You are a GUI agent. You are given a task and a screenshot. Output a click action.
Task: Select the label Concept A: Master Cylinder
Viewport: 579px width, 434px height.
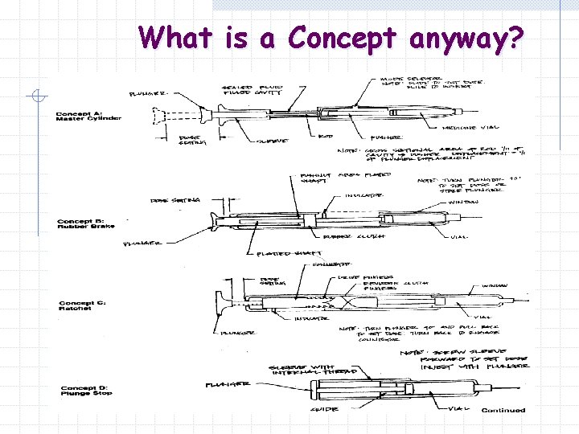pyautogui.click(x=88, y=116)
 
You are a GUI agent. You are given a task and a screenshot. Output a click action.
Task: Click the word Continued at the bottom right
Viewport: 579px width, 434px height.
pyautogui.click(x=503, y=411)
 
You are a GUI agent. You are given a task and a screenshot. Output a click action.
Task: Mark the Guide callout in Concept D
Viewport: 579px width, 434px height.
pyautogui.click(x=325, y=411)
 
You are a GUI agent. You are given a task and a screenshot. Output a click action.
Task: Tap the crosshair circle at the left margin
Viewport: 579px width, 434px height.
pyautogui.click(x=36, y=96)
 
